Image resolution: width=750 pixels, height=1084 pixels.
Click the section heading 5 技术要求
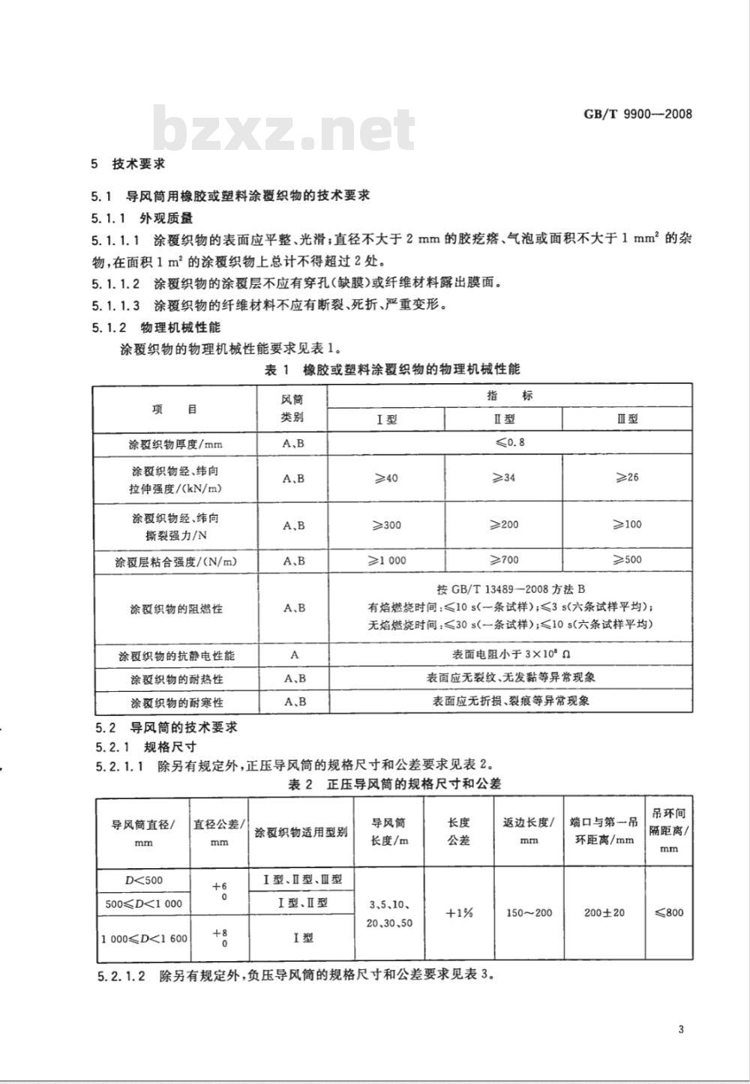127,163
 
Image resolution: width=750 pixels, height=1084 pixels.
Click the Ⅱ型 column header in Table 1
503,419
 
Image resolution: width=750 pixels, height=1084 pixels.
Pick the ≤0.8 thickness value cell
510,442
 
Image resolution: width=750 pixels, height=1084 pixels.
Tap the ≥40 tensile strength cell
385,478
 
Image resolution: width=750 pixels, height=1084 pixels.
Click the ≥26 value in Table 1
627,478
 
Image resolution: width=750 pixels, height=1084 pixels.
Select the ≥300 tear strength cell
385,525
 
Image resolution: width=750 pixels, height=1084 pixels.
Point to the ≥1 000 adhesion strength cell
385,560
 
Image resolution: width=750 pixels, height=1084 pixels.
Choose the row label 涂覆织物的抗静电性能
176,655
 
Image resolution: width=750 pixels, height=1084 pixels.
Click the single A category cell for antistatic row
294,654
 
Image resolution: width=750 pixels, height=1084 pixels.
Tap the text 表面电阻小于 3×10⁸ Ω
510,654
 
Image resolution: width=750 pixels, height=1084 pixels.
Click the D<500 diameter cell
143,880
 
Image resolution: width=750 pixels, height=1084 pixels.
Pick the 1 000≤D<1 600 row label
143,938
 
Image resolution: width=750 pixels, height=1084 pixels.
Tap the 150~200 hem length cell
529,912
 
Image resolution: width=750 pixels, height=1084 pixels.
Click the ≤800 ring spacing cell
669,912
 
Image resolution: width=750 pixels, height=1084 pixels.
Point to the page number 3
681,1029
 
